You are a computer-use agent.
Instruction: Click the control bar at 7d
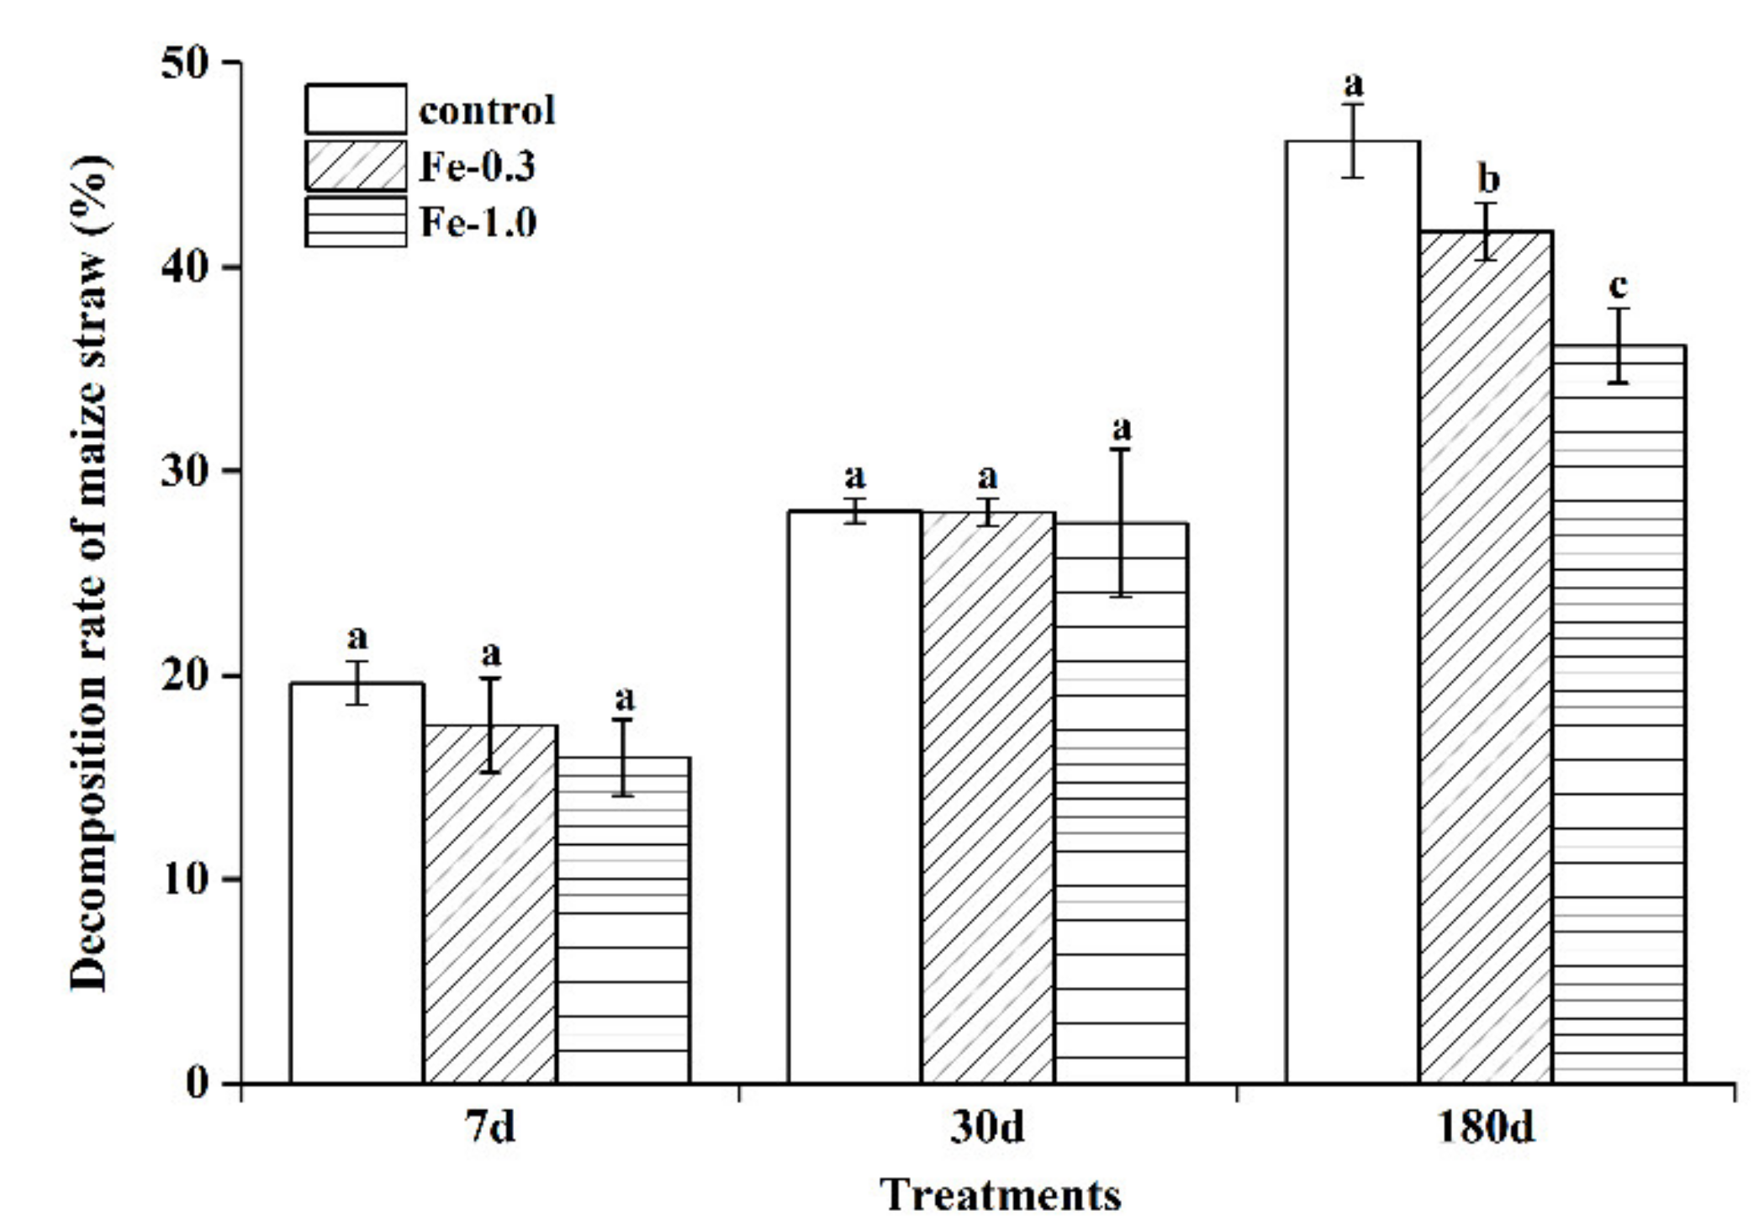tap(357, 883)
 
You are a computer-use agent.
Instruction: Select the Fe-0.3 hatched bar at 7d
tap(490, 904)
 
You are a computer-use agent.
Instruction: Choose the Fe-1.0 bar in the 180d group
tap(1619, 715)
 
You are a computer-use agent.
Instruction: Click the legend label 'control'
tap(487, 110)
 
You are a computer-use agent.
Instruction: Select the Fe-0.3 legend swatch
tap(356, 166)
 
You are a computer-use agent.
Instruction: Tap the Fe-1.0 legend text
tap(478, 223)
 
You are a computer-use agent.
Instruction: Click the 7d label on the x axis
tap(489, 1128)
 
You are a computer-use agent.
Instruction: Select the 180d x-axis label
tap(1486, 1128)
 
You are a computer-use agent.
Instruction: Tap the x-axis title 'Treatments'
tap(1001, 1194)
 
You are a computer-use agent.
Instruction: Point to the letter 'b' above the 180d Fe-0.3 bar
tap(1487, 179)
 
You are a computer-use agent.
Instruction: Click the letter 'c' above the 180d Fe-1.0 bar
tap(1618, 286)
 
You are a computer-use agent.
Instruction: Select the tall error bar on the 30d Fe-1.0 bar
tap(1121, 522)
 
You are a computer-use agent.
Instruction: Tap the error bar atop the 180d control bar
tap(1352, 140)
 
